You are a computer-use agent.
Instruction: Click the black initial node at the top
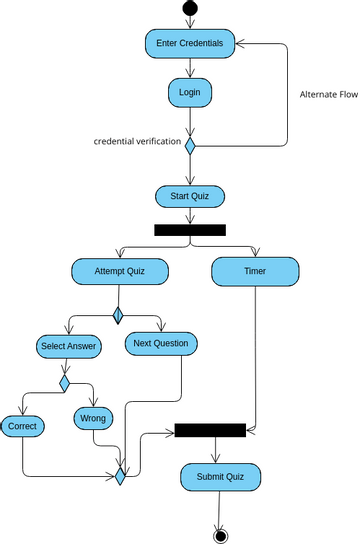click(190, 9)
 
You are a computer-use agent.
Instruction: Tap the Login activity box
click(190, 92)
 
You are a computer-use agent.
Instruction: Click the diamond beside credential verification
click(190, 143)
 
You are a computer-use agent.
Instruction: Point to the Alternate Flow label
click(329, 95)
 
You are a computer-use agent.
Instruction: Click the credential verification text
click(137, 142)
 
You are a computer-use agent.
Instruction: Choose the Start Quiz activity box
click(190, 195)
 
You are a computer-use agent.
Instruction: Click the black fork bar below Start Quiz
click(190, 230)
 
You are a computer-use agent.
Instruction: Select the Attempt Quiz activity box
click(119, 271)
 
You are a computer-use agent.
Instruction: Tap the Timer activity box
click(255, 271)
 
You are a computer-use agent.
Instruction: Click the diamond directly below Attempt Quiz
click(118, 316)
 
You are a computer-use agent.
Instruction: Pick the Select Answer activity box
click(68, 346)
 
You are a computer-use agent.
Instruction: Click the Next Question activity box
click(161, 343)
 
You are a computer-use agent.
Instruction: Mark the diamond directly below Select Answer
click(65, 382)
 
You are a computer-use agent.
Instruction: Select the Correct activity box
click(22, 426)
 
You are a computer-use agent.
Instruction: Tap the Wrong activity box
click(93, 417)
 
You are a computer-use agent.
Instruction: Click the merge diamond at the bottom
click(120, 476)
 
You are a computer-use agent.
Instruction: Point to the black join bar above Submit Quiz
click(210, 430)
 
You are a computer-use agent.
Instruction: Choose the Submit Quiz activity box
click(220, 476)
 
